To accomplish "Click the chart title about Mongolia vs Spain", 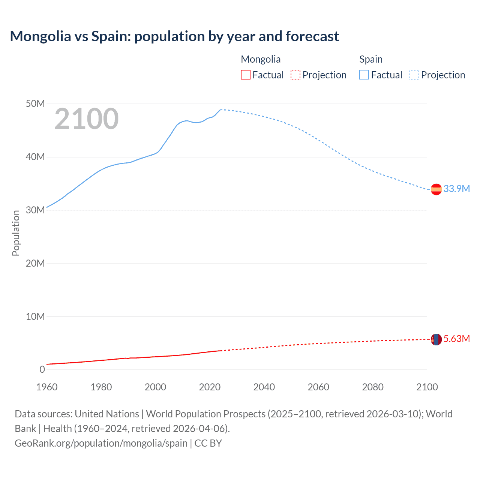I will pos(174,36).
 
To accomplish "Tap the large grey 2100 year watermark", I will pos(87,119).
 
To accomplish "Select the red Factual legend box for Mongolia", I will pos(245,75).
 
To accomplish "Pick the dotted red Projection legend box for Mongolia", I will pos(295,75).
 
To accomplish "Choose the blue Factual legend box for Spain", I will pos(364,75).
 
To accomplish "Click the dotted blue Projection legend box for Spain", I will pos(414,75).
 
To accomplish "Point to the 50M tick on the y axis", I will pos(35,104).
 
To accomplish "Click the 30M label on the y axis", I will pos(35,210).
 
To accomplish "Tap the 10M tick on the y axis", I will pos(35,316).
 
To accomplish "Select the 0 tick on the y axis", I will pos(42,370).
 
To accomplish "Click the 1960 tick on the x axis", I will pos(47,387).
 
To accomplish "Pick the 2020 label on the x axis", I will pos(210,387).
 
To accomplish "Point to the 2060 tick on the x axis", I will pos(318,387).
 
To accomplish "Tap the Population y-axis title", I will pos(16,233).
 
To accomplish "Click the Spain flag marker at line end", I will pos(436,189).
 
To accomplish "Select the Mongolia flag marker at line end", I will pos(436,339).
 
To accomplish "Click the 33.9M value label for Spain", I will pos(456,189).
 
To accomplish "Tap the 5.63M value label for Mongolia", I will pos(456,339).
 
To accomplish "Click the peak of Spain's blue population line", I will pos(221,109).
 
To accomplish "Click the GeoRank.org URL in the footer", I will pos(101,443).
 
